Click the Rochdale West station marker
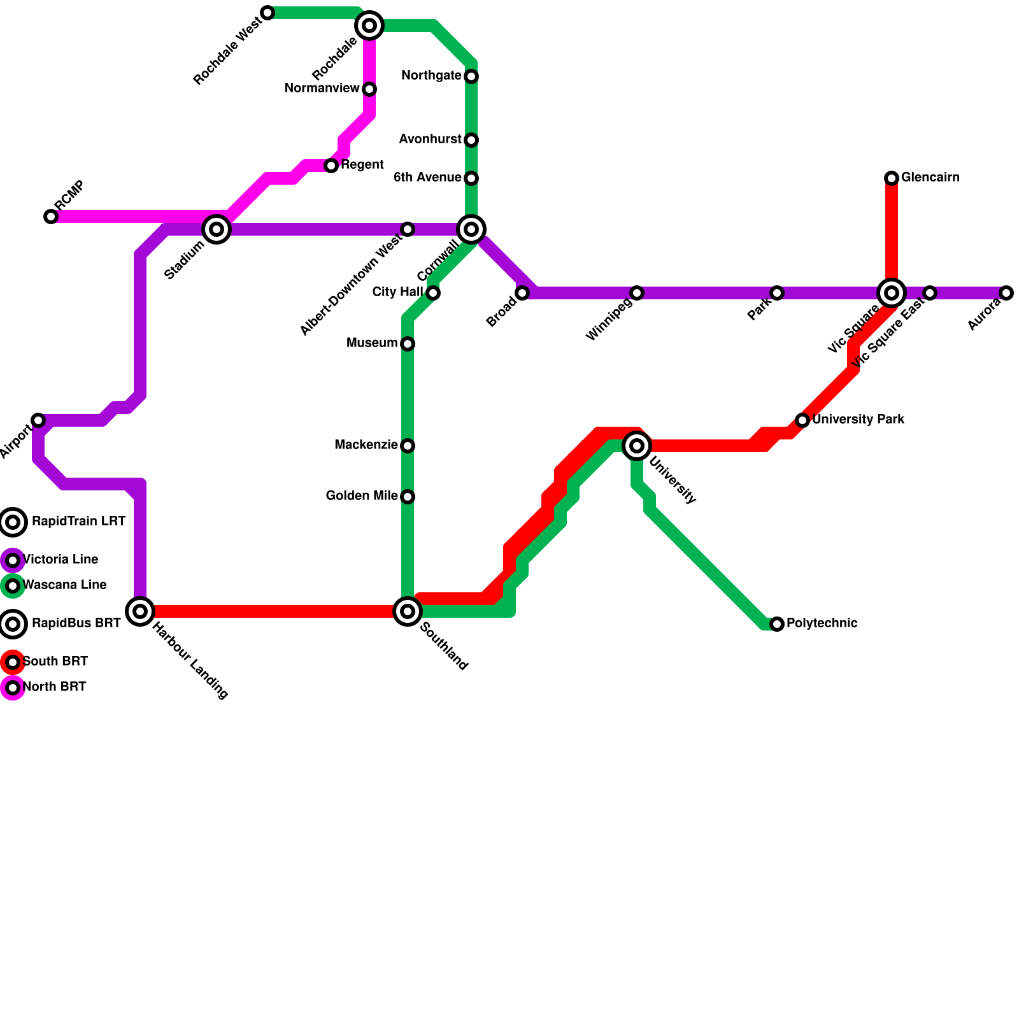[268, 13]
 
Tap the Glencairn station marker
[892, 178]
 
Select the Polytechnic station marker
[777, 624]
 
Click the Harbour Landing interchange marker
[140, 611]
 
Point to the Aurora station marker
[1006, 293]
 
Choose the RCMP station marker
[51, 217]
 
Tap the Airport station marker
[38, 420]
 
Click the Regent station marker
[331, 166]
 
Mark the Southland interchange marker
[408, 611]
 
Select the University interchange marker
[637, 446]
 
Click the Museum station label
[372, 343]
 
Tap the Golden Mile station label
[362, 495]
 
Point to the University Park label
[858, 419]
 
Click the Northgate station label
[431, 76]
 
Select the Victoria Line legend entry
[60, 560]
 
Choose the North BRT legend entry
[54, 687]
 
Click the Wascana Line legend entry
[64, 585]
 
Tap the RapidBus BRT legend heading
[76, 624]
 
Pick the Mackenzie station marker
[408, 446]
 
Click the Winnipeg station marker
[637, 293]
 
